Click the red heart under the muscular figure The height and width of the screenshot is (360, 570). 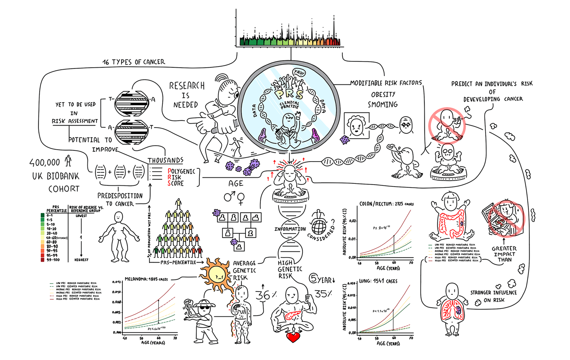tap(293, 337)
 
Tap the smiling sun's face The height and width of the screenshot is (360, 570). tap(217, 274)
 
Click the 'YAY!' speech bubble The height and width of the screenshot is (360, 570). tap(299, 72)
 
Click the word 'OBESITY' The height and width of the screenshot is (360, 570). tap(383, 94)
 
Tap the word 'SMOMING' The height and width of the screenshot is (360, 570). tap(382, 105)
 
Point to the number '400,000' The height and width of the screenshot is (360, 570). tap(45, 162)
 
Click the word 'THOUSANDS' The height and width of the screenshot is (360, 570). tap(165, 160)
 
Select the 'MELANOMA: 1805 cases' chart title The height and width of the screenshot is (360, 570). tap(146, 279)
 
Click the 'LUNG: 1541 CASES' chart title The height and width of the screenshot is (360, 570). tap(378, 281)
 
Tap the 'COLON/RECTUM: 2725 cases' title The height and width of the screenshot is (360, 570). tap(386, 204)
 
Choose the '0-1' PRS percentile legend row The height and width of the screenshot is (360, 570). tap(49, 215)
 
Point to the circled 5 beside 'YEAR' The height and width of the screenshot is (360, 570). tap(313, 279)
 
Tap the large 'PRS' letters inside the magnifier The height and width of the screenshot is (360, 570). tap(290, 94)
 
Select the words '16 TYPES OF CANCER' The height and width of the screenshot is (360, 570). tap(134, 62)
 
